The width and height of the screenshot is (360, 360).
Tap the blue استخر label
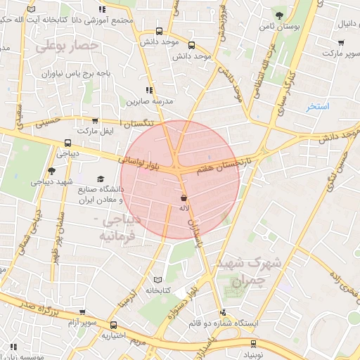[x=318, y=106]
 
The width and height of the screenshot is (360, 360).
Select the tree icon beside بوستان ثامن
[x=280, y=15]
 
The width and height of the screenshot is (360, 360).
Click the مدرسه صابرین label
[x=149, y=102]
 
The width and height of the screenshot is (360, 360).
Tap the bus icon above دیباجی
[x=67, y=142]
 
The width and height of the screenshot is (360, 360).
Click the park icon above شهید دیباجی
[x=51, y=170]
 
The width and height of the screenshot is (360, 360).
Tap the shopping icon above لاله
[x=184, y=198]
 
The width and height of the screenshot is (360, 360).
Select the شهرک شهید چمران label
[x=250, y=271]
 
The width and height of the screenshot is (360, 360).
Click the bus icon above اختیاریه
[x=113, y=325]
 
